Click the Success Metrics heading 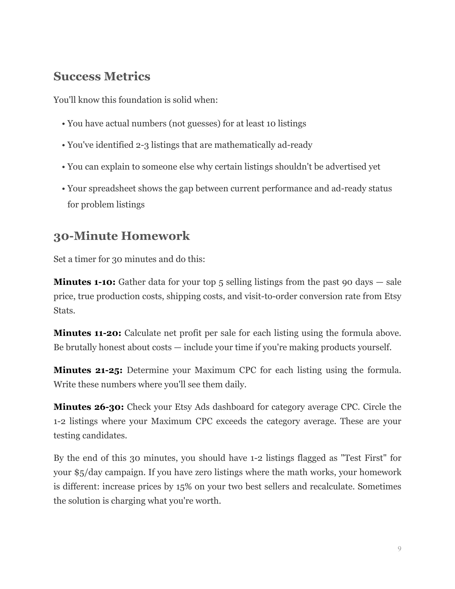(x=102, y=76)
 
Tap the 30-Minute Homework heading (x=121, y=236)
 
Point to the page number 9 (x=399, y=549)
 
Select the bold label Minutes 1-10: (x=84, y=282)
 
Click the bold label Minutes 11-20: (x=87, y=333)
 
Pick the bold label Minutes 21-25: (x=88, y=370)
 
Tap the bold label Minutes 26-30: (x=89, y=407)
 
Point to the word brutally (x=81, y=348)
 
